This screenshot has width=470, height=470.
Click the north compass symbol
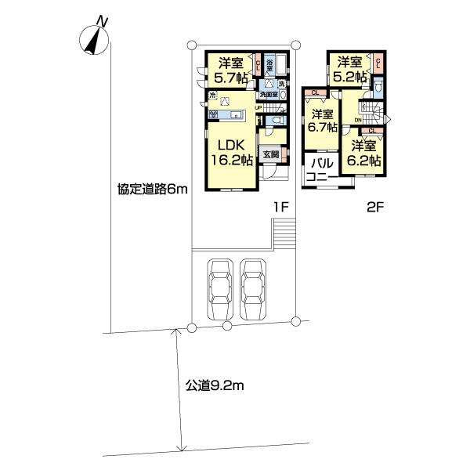point(95,38)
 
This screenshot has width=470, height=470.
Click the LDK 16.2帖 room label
point(230,152)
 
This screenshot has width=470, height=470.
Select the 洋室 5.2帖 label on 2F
point(350,69)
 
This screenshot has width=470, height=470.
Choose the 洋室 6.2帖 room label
point(366,153)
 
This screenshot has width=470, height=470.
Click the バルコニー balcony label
point(321,171)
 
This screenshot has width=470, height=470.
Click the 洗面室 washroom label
point(269,95)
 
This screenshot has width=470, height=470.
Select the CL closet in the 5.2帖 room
point(378,63)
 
